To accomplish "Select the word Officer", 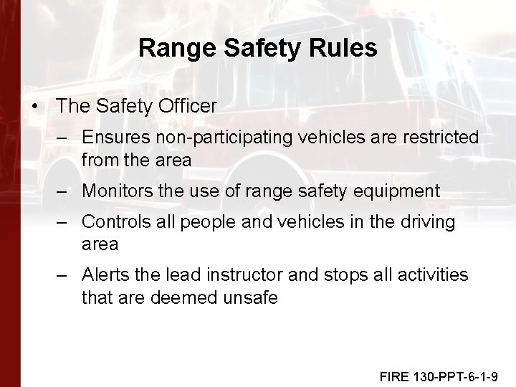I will click(x=188, y=106).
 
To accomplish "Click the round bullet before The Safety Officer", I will click(x=35, y=106).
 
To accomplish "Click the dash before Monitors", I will click(x=64, y=191).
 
